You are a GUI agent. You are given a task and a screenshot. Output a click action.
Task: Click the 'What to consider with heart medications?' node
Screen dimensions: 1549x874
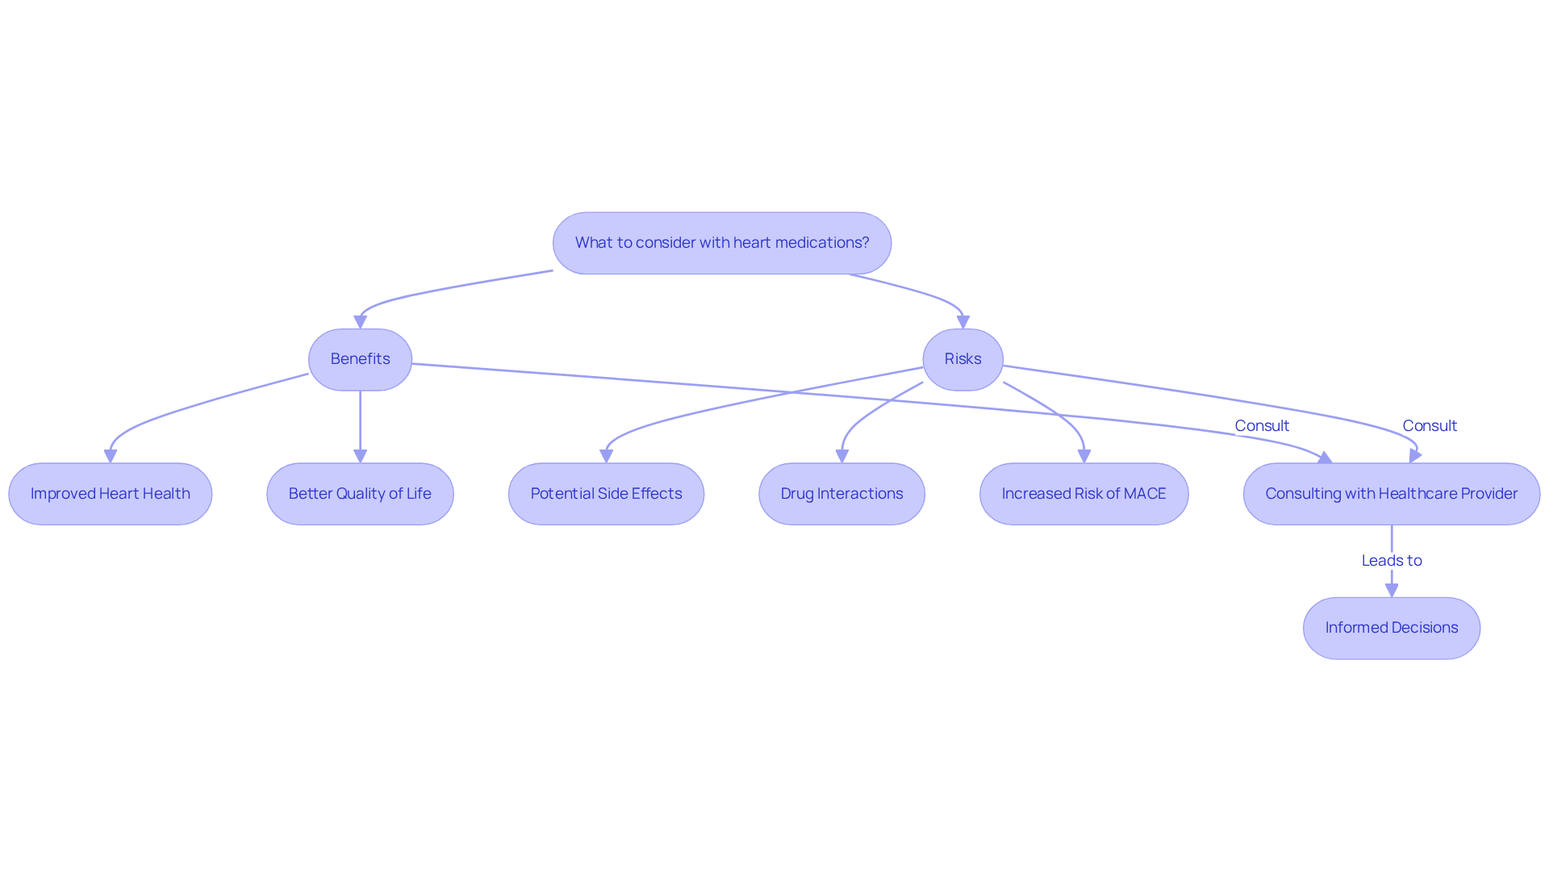(721, 243)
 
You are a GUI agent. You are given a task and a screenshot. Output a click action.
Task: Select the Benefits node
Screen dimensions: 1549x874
(360, 359)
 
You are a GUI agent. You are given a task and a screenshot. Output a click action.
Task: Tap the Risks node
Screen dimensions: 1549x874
(962, 359)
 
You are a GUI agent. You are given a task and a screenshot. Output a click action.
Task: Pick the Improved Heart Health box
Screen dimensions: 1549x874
(111, 494)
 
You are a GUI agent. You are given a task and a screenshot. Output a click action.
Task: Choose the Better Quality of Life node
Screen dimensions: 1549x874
(360, 494)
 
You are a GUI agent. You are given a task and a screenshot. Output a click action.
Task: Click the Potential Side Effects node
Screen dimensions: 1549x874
(606, 494)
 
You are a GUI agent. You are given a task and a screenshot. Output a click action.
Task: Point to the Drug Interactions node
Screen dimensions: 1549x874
(841, 494)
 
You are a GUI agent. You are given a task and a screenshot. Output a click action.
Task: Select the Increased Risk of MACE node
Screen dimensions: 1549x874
(1083, 494)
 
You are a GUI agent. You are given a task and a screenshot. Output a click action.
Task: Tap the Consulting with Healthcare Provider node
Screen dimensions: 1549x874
(1391, 494)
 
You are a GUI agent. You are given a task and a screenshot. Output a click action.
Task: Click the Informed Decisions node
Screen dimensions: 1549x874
(1391, 628)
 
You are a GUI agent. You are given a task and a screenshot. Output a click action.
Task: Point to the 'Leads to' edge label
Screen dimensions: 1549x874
(1391, 561)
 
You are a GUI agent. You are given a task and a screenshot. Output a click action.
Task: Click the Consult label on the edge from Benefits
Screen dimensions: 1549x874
(1262, 426)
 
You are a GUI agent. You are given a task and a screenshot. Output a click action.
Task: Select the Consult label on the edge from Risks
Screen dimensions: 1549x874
(1430, 426)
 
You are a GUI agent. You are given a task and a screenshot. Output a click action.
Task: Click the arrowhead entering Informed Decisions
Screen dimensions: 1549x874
(1392, 591)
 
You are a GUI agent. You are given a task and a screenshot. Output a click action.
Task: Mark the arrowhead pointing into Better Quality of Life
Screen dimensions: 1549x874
(360, 457)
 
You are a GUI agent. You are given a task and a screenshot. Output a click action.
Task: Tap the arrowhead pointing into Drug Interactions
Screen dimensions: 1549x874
(841, 457)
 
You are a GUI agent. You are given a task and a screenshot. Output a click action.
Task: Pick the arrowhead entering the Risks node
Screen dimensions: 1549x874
(962, 322)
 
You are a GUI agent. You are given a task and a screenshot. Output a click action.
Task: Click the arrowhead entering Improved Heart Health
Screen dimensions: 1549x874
(111, 457)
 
